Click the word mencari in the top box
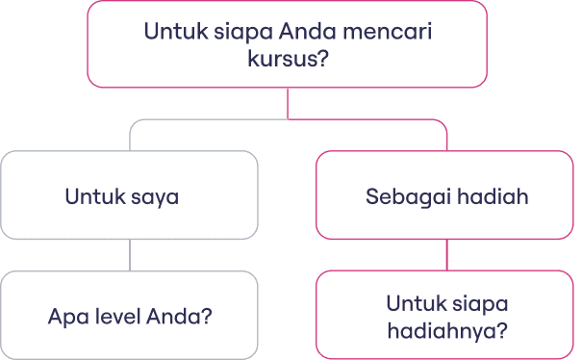388,31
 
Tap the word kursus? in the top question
288,59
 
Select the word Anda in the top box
308,31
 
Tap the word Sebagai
407,197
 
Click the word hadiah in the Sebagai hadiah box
493,196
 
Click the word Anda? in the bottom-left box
179,317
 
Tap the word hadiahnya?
447,330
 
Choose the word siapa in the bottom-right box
479,305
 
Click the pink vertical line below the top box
288,103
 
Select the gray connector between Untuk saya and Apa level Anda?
130,255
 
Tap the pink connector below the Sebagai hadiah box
447,255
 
